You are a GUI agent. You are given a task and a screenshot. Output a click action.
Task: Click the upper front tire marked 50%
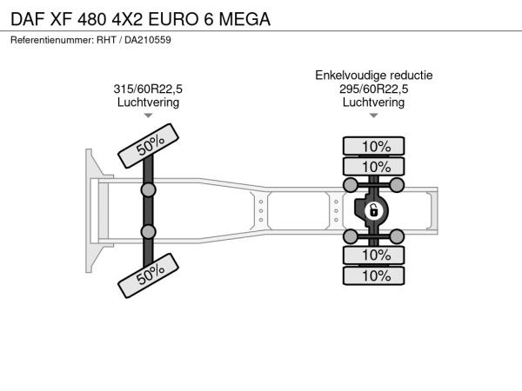(x=148, y=146)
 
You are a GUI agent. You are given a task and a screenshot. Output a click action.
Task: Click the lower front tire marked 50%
(x=148, y=275)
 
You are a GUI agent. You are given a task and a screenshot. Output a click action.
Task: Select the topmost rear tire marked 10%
(x=373, y=146)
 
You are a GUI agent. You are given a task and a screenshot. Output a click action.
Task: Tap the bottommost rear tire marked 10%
(x=373, y=275)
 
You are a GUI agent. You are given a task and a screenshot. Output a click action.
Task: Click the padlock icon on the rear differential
(x=373, y=210)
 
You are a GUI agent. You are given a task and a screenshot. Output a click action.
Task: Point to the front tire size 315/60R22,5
(x=148, y=89)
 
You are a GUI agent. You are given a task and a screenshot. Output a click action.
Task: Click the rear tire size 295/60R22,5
(x=373, y=89)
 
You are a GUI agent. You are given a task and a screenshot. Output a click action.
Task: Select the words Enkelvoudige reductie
(x=374, y=76)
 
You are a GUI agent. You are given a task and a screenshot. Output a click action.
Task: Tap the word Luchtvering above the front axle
(x=148, y=103)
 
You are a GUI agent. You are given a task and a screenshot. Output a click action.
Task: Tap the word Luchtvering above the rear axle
(x=373, y=103)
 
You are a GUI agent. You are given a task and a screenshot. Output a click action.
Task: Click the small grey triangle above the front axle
(x=148, y=116)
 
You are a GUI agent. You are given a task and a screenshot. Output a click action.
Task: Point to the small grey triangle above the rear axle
(x=373, y=116)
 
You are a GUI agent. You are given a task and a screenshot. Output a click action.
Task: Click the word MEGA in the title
(x=244, y=19)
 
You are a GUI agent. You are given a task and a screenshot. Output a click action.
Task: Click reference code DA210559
(x=148, y=40)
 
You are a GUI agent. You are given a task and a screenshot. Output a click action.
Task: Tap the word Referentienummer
(x=52, y=40)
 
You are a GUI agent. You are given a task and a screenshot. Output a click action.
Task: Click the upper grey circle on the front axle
(x=148, y=189)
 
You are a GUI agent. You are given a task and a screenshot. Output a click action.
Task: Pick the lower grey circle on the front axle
(x=148, y=232)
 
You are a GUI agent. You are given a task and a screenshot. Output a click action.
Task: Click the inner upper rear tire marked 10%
(x=373, y=166)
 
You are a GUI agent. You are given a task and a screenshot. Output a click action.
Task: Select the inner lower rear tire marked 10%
(x=373, y=255)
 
